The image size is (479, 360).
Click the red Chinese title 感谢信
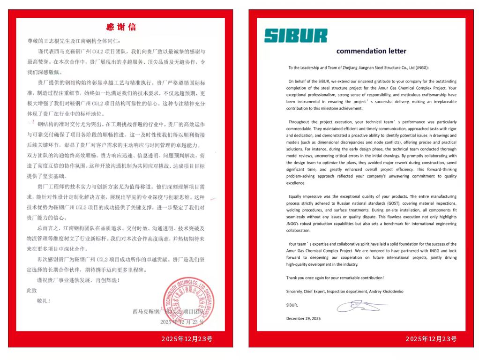121,27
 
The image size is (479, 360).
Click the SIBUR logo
296,35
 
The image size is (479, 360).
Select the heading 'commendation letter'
371,51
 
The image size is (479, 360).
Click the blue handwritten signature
361,307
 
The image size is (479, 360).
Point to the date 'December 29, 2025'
303,318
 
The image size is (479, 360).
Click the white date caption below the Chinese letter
187,339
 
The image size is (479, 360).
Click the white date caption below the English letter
431,339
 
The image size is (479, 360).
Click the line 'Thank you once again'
335,277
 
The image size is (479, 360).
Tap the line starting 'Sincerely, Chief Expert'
344,291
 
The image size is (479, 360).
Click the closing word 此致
31,291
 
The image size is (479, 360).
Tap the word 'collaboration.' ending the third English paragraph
298,231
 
